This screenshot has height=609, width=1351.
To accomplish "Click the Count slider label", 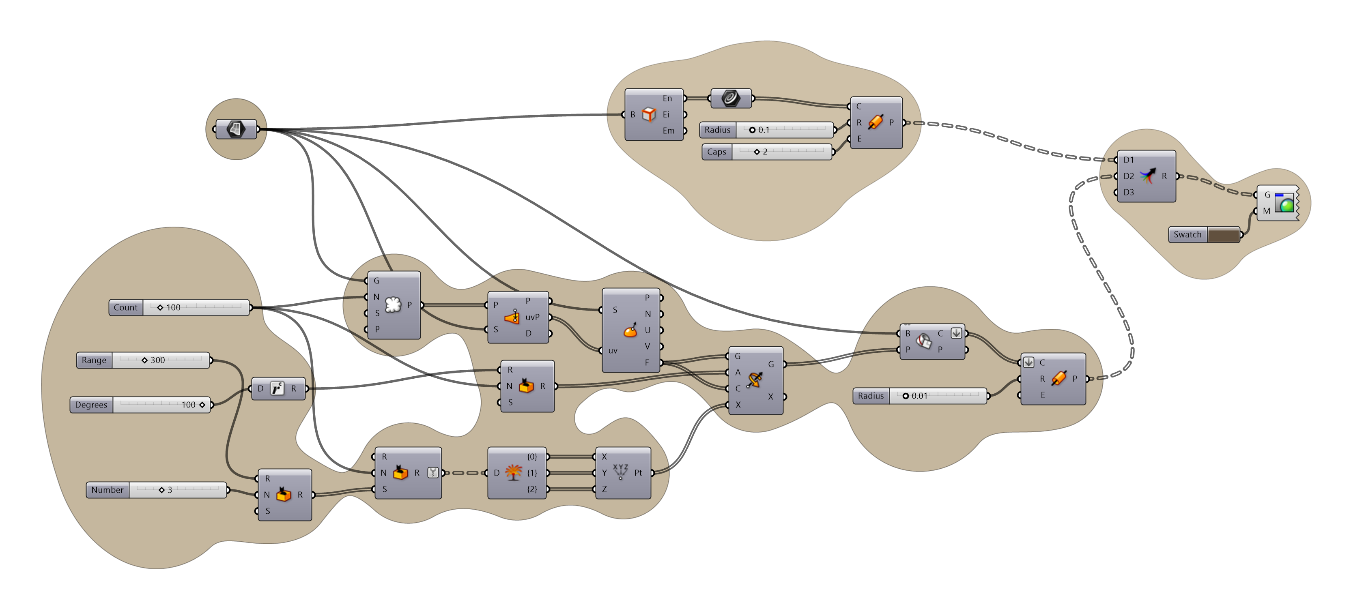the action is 125,308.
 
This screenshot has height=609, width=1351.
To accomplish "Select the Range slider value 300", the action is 157,360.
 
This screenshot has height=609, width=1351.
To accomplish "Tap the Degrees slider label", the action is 91,405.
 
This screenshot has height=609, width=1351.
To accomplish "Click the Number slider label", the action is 108,490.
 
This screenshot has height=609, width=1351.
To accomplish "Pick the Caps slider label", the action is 716,152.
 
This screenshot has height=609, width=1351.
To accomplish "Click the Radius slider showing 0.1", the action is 766,130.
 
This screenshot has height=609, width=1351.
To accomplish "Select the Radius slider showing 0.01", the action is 921,396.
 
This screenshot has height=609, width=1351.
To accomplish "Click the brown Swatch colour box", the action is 1224,235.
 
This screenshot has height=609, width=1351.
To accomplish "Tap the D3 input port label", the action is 1129,192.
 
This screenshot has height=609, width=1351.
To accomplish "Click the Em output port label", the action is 668,131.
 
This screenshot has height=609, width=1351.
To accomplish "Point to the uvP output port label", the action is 532,317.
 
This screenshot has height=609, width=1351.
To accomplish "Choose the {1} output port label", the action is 532,473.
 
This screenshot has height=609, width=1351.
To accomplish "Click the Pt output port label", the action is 638,473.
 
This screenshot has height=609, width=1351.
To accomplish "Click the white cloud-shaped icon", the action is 393,304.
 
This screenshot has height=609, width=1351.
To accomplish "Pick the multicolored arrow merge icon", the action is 1147,176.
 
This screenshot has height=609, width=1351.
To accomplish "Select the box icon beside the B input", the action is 649,114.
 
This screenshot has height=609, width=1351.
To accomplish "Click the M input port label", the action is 1267,211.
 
